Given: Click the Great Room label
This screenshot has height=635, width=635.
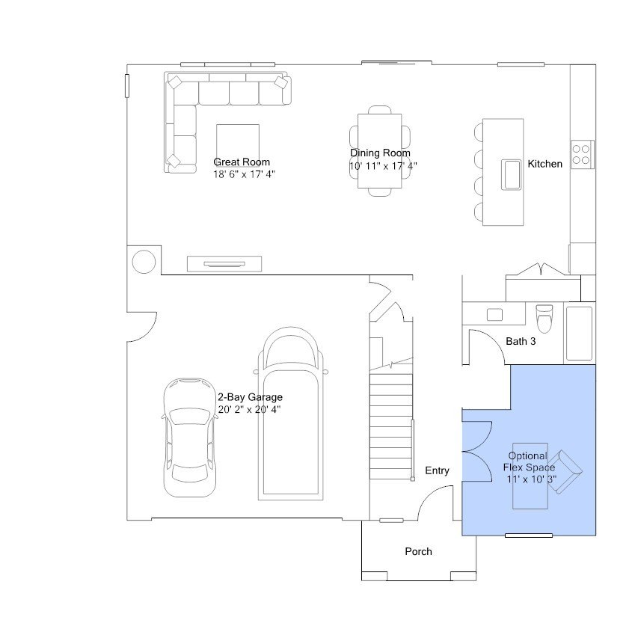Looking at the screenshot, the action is [x=242, y=162].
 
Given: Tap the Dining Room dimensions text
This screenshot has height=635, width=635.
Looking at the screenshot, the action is [x=383, y=166].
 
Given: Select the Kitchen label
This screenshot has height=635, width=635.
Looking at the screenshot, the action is [x=544, y=164].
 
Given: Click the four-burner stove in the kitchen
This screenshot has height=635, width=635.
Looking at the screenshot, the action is [x=582, y=154].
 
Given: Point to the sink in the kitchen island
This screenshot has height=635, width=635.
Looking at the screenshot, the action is [x=512, y=174].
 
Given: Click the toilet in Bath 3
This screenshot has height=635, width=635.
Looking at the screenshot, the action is [x=544, y=319].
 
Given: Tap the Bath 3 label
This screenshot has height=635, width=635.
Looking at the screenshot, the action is [x=521, y=341].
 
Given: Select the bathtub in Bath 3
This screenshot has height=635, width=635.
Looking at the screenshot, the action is [x=580, y=334].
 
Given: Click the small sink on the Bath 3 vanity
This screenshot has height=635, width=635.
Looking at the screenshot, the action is [x=494, y=315].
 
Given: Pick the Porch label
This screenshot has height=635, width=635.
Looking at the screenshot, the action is [x=418, y=551].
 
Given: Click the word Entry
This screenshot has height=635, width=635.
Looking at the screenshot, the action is [x=437, y=470].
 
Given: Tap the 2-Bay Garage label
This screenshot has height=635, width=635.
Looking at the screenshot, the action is [x=251, y=397].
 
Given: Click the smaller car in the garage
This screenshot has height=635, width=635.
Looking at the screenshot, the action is [x=189, y=438].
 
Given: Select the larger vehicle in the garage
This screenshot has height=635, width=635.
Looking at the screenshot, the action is [x=291, y=413].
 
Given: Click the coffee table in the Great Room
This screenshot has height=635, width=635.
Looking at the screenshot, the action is [x=238, y=145].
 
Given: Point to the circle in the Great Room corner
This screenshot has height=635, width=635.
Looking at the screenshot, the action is [x=144, y=262].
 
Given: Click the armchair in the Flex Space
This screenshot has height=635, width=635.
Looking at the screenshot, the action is [x=565, y=472].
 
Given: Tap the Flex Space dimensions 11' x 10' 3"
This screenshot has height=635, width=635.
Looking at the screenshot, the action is [x=531, y=479].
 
